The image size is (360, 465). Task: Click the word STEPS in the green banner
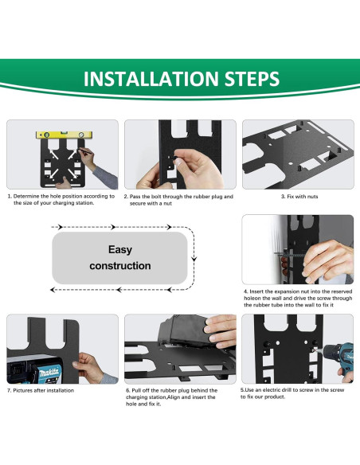pos(248,80)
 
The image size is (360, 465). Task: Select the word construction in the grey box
pos(120,266)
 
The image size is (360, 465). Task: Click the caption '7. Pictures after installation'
pos(41,390)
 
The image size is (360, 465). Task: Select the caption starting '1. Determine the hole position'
pos(61,199)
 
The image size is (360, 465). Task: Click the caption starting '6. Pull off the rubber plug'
pos(171,397)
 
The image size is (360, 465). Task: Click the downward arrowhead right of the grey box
pos(194,259)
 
